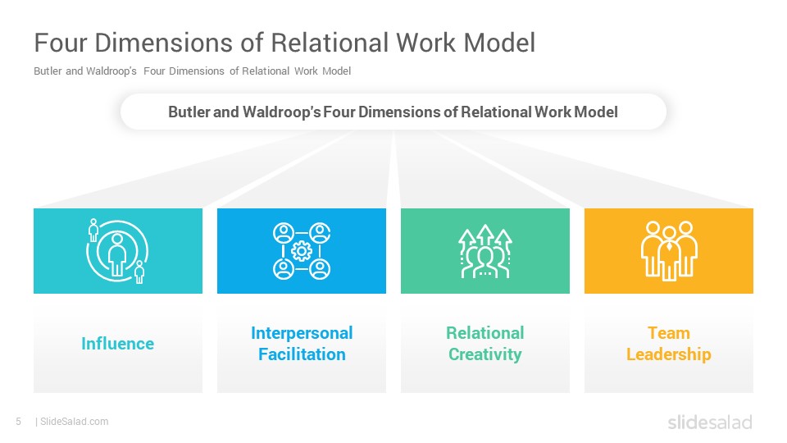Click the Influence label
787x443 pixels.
pyautogui.click(x=117, y=344)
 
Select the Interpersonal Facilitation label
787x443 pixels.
pyautogui.click(x=302, y=344)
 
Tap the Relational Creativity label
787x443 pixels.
pyautogui.click(x=484, y=344)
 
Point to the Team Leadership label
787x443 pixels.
pyautogui.click(x=669, y=344)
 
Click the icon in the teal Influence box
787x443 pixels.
pyautogui.click(x=117, y=251)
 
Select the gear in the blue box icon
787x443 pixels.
pyautogui.click(x=302, y=251)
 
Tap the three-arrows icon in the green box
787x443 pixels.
pyautogui.click(x=484, y=251)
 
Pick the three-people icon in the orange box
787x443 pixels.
pyautogui.click(x=669, y=251)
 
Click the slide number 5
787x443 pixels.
pyautogui.click(x=19, y=422)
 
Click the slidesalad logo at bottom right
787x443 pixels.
pyautogui.click(x=710, y=422)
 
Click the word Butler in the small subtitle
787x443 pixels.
pyautogui.click(x=48, y=71)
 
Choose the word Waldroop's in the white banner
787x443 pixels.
pyautogui.click(x=281, y=112)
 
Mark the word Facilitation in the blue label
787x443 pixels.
pyautogui.click(x=302, y=354)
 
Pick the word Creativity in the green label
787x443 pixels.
pyautogui.click(x=484, y=354)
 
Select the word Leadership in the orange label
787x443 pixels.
pyautogui.click(x=669, y=354)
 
